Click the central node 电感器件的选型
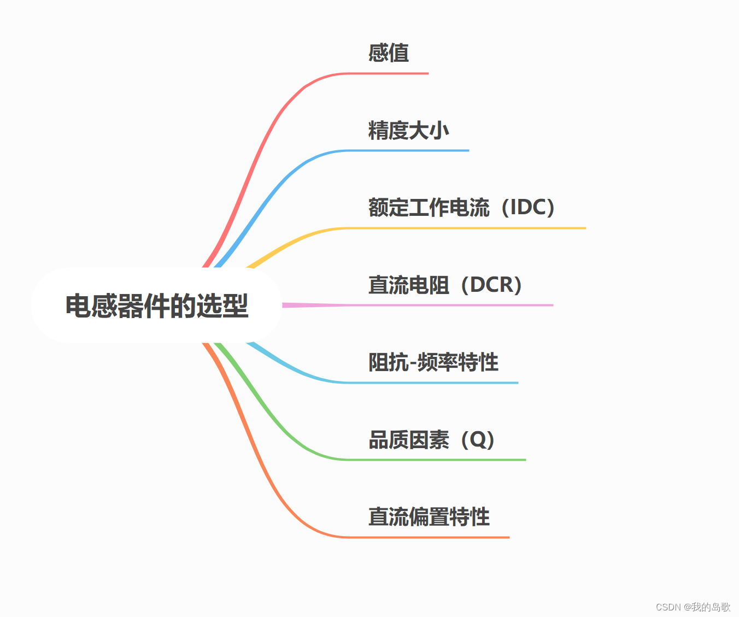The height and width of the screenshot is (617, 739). (x=156, y=305)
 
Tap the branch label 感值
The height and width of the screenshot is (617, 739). (x=388, y=53)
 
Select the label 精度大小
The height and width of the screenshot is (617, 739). (x=408, y=131)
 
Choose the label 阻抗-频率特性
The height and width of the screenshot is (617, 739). (x=433, y=362)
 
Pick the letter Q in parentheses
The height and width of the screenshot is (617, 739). (x=478, y=439)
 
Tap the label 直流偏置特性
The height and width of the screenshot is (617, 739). (x=429, y=516)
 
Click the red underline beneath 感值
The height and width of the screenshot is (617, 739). (x=388, y=73)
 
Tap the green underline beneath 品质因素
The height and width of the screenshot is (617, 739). (x=437, y=460)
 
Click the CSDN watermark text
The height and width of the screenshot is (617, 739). (x=693, y=607)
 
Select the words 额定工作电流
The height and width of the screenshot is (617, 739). (x=429, y=207)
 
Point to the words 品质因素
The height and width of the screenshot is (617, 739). (x=408, y=439)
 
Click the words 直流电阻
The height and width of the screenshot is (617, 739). (x=408, y=285)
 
